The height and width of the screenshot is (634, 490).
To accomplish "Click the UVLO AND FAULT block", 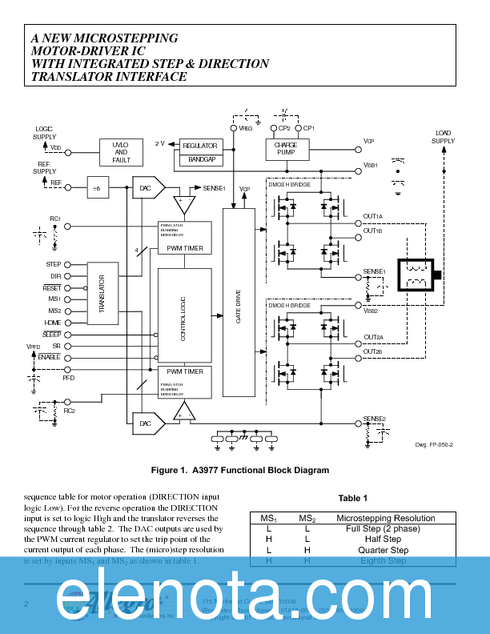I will [x=121, y=152].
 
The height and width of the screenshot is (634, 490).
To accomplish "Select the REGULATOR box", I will [x=199, y=146].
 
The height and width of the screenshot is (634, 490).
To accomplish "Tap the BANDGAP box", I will [x=199, y=160].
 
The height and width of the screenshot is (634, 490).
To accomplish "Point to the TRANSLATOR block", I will [x=102, y=293].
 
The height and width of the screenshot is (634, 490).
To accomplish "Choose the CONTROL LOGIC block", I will [x=185, y=314].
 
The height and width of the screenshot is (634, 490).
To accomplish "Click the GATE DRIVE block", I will [x=238, y=305].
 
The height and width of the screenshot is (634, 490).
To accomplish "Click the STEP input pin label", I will [x=54, y=264].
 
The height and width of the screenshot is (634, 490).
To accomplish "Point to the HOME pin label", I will [x=53, y=323].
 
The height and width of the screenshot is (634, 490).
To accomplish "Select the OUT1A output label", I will [x=373, y=217].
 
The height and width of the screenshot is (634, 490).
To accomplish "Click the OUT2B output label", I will [x=373, y=351].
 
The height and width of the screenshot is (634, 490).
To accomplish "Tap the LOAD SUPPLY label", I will [x=443, y=137].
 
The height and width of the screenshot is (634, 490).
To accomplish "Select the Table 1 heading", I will [x=352, y=498].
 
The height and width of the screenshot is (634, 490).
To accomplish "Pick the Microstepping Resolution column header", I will [x=385, y=519].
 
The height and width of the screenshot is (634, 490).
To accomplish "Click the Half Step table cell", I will [x=385, y=540].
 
